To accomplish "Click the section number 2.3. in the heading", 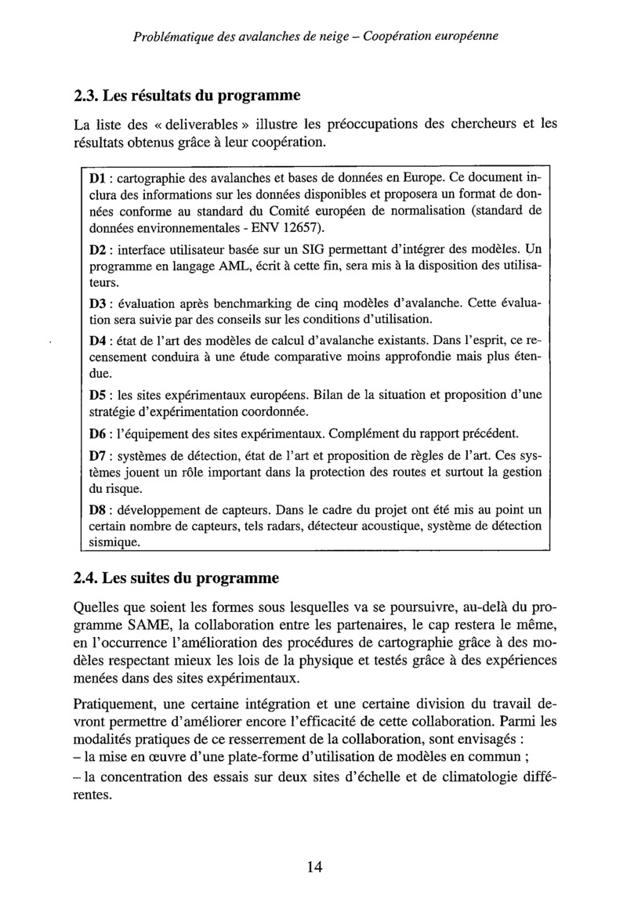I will [85, 96].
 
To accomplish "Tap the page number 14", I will [314, 866].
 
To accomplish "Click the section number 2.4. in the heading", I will [85, 581].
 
